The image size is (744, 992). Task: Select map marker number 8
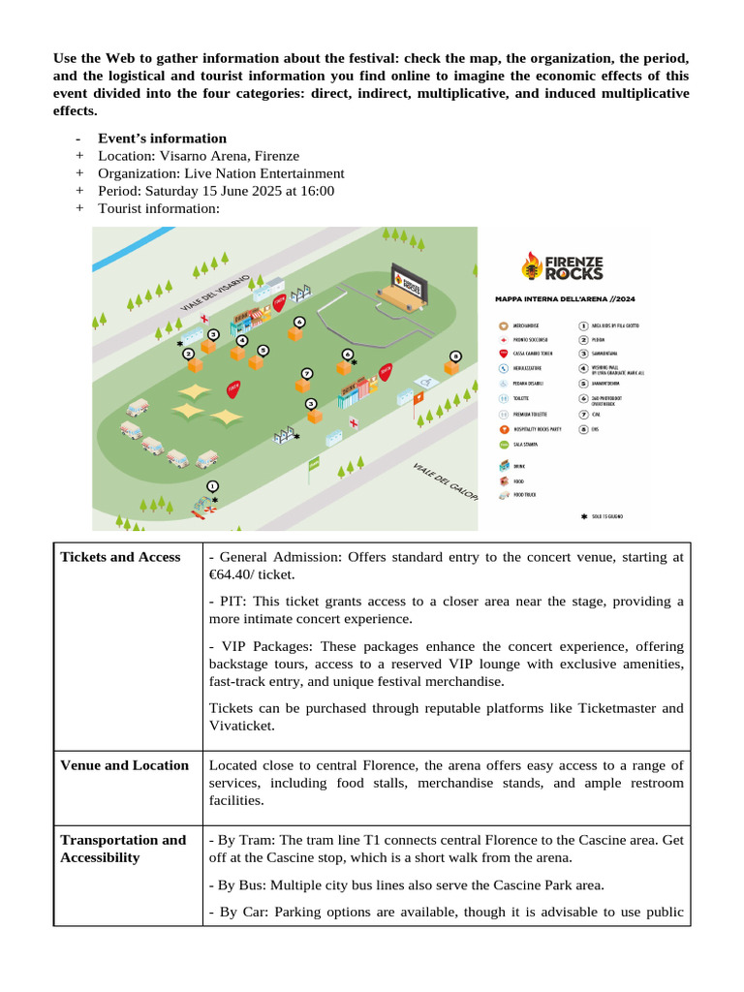(454, 356)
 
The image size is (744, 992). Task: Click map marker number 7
(307, 373)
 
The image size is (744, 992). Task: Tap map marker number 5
(263, 350)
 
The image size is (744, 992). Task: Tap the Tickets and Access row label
(120, 557)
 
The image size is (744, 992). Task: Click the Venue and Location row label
(124, 765)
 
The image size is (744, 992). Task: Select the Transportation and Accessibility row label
(123, 849)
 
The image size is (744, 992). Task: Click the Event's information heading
(162, 139)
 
